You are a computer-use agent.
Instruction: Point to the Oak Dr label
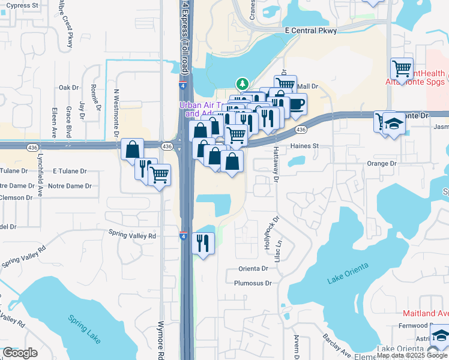[x=68, y=88]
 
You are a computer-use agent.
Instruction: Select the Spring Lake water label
[x=85, y=329]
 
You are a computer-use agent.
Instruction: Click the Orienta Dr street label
[x=252, y=268]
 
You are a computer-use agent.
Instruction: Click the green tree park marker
[x=242, y=84]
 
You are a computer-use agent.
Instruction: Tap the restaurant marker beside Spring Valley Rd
[x=202, y=243]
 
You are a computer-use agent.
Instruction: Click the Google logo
[x=20, y=353]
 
